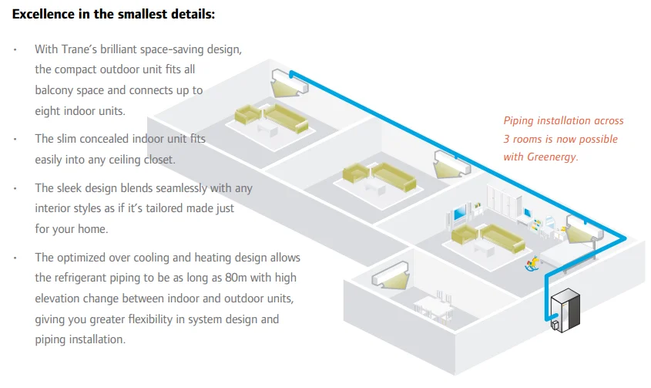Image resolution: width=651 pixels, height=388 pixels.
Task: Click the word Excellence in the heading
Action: coord(43,14)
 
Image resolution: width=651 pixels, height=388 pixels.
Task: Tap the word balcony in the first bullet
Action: coord(55,90)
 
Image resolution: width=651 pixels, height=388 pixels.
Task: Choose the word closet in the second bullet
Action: coord(159,160)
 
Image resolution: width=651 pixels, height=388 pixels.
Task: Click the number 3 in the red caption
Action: coord(507,139)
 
